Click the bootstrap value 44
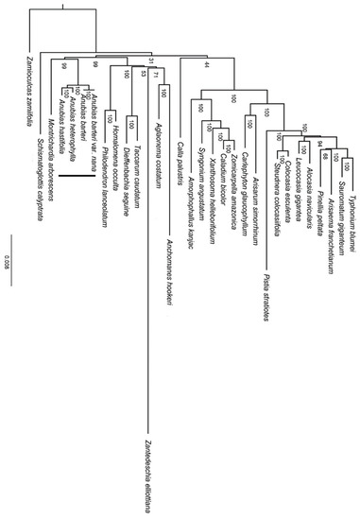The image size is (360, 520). (206, 63)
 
